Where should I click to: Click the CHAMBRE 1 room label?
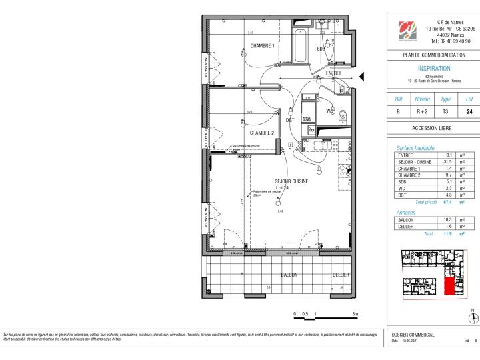tap(262, 46)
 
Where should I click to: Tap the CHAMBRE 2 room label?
tap(262, 133)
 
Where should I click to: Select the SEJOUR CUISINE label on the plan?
tap(291, 181)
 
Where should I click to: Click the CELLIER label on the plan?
tap(341, 275)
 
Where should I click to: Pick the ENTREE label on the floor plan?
tap(333, 73)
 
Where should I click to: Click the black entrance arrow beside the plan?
tap(362, 78)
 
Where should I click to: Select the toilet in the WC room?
tap(342, 113)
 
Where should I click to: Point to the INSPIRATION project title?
tap(433, 69)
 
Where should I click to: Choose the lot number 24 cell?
tap(469, 112)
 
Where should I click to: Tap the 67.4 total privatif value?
tap(447, 201)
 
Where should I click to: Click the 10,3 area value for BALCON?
tap(448, 219)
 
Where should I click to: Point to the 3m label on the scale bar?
tap(355, 313)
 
